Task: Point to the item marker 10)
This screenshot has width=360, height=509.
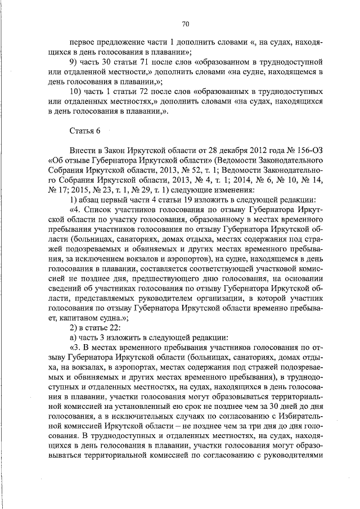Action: (x=75, y=91)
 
